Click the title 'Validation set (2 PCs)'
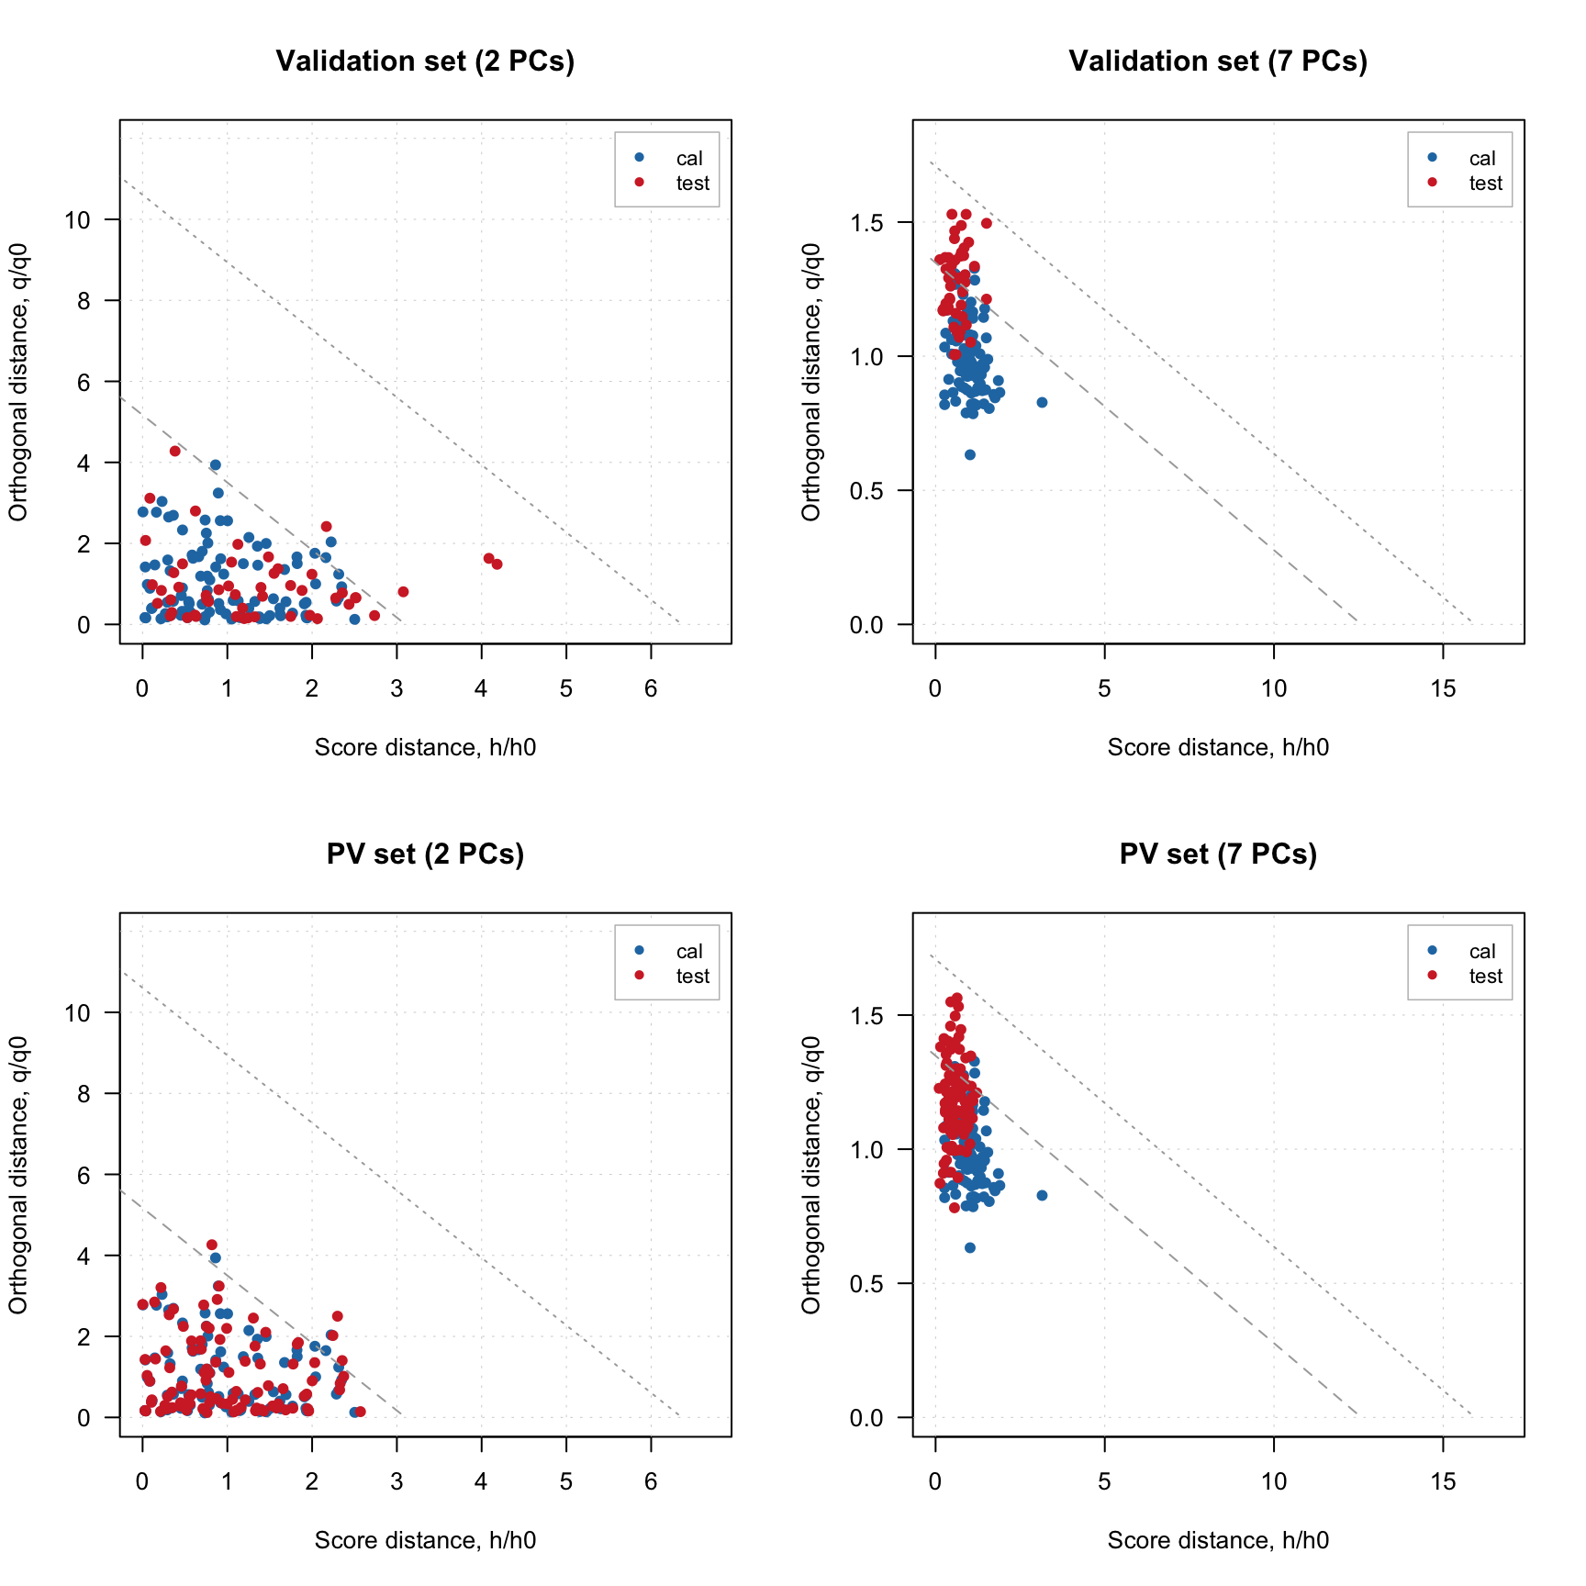tap(425, 61)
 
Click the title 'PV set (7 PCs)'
tap(1218, 854)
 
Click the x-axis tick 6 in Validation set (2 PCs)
tap(651, 689)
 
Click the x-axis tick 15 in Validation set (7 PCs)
tap(1443, 689)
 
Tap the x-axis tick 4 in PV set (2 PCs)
tap(481, 1482)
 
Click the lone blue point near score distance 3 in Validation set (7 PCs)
tap(1042, 403)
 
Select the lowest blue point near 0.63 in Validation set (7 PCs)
tap(970, 455)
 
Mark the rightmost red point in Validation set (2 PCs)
tap(497, 564)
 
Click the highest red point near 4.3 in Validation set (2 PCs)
tap(175, 452)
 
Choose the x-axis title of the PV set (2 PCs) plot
tap(425, 1540)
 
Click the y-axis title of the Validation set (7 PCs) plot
tap(811, 382)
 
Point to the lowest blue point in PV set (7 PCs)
tap(970, 1248)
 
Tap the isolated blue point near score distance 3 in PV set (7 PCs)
tap(1042, 1196)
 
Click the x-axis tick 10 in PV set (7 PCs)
tap(1273, 1482)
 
